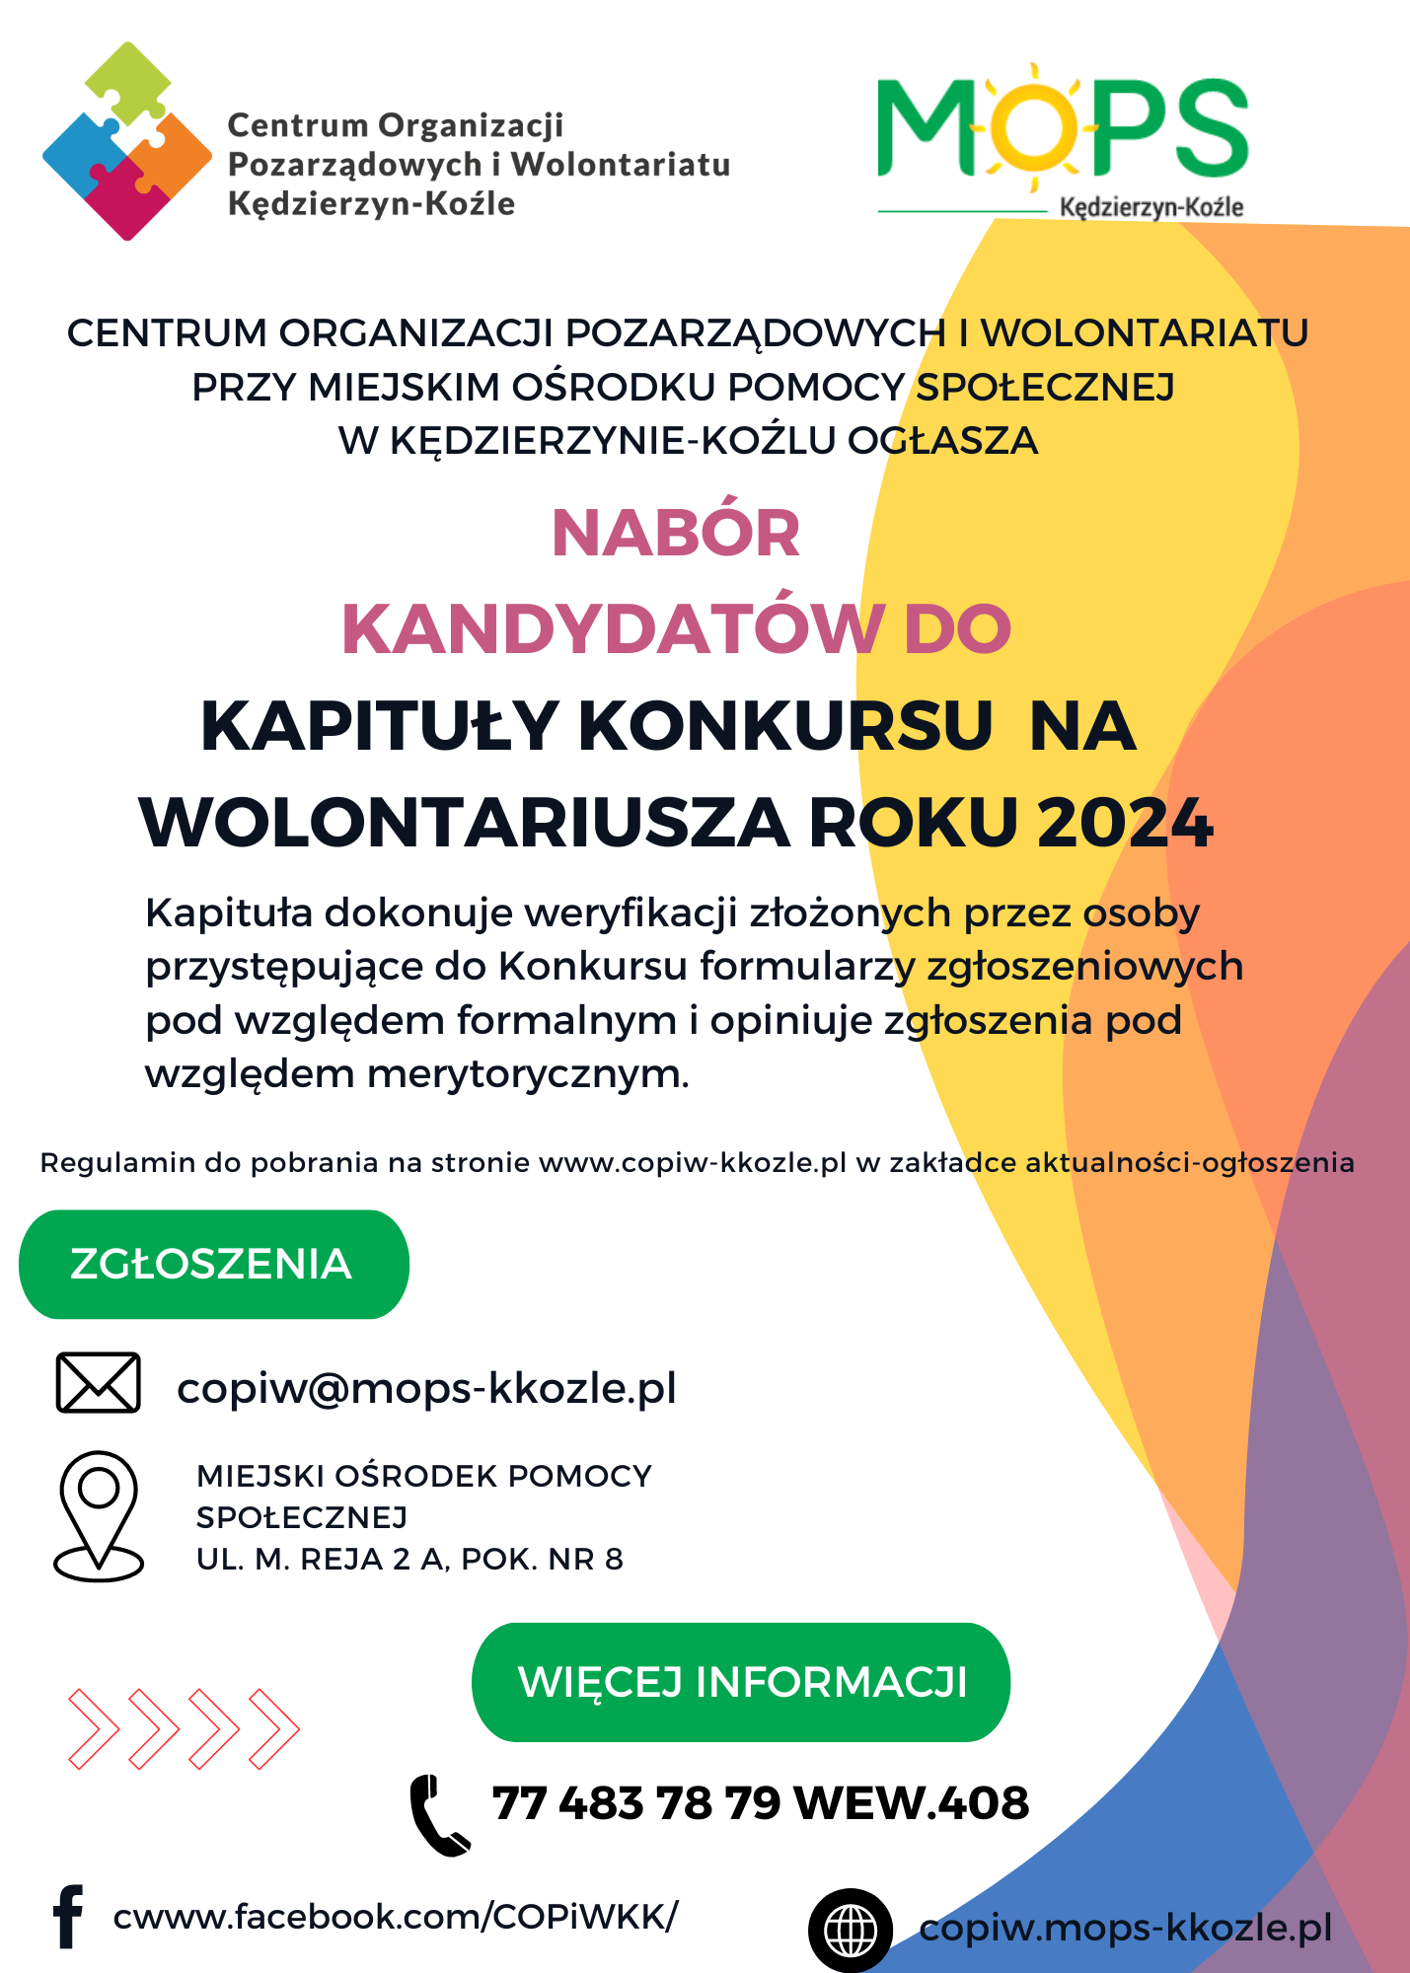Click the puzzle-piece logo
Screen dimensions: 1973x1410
[126, 141]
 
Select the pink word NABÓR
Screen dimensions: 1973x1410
[676, 534]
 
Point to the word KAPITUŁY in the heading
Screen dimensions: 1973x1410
[380, 727]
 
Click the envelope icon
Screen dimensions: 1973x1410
[98, 1382]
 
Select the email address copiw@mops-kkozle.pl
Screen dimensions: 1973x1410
[426, 1388]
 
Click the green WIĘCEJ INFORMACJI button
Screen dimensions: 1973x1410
[741, 1682]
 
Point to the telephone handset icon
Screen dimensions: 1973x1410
[439, 1814]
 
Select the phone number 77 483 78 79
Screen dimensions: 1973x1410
[636, 1803]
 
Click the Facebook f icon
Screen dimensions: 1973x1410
[68, 1917]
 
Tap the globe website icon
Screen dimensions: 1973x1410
[851, 1930]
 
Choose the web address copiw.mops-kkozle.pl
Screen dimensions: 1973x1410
[1125, 1928]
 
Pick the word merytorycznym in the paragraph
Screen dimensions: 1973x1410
[528, 1073]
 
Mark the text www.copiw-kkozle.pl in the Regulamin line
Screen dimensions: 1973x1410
[693, 1162]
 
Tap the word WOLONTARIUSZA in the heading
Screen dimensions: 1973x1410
[465, 823]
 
